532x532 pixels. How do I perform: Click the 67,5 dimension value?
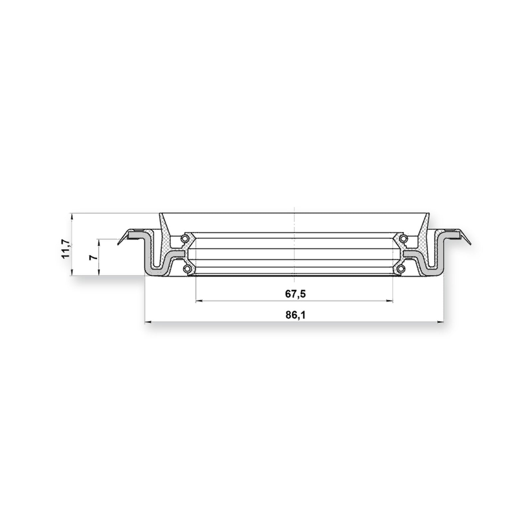pos(295,294)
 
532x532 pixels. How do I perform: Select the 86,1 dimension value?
pos(295,315)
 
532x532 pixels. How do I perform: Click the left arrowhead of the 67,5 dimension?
pos(199,301)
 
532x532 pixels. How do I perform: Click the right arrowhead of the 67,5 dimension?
pos(389,301)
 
